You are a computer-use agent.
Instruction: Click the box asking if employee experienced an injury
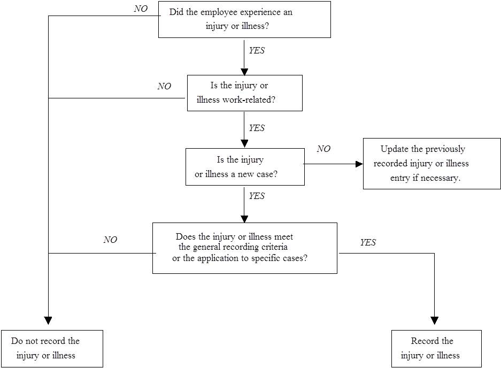(244, 19)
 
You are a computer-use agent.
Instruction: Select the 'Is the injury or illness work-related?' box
(245, 93)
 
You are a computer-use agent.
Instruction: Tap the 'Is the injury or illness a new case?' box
(245, 166)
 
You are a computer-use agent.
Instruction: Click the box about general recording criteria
(245, 248)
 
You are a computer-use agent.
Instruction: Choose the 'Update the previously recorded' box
(432, 164)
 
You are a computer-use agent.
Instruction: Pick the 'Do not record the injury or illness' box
(52, 349)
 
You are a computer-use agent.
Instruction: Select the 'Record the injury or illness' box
(436, 349)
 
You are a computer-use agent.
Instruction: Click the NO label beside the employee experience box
(141, 9)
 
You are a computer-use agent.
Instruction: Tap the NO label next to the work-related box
(164, 86)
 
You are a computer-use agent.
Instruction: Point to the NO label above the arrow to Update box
(323, 149)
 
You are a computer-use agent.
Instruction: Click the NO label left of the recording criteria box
(110, 240)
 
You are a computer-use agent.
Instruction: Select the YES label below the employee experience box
(257, 50)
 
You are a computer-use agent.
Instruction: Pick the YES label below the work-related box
(257, 128)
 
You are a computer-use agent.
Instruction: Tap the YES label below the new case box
(257, 196)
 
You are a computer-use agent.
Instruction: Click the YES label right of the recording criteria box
(368, 242)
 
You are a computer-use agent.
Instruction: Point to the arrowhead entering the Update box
(359, 164)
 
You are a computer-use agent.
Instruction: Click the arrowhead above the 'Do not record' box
(48, 321)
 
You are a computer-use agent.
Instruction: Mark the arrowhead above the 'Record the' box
(435, 321)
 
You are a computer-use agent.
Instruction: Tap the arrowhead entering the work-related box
(244, 72)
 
